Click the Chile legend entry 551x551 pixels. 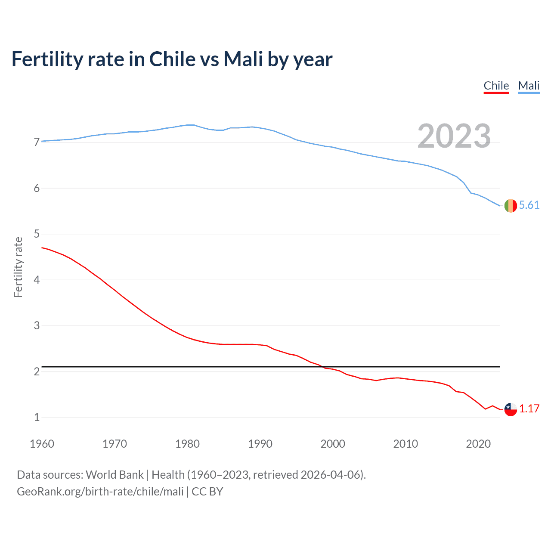(496, 86)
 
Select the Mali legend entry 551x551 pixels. (529, 86)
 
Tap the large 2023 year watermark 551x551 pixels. (454, 136)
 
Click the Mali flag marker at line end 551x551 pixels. (511, 206)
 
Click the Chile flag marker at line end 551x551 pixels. (511, 409)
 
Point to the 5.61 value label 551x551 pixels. (529, 205)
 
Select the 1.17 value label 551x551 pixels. (529, 409)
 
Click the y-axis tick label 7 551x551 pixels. (37, 142)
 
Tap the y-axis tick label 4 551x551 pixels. (37, 280)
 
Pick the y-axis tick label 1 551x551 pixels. (37, 417)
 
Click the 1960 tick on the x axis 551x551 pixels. (42, 444)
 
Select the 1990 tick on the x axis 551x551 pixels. (260, 444)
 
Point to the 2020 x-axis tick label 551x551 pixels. (478, 444)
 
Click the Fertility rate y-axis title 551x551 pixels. (18, 267)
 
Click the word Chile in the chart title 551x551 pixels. (172, 59)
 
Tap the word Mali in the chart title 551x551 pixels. (243, 59)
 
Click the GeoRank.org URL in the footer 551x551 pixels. (100, 492)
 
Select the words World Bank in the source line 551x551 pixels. (115, 475)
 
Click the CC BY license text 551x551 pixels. (207, 492)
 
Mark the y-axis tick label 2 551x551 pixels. (37, 371)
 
